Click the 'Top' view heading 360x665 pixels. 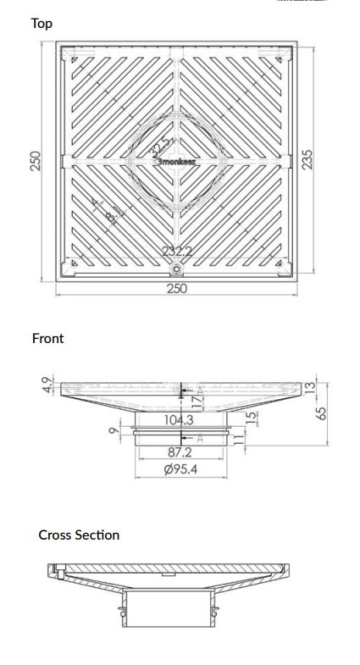[42, 23]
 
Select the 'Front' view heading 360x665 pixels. [47, 338]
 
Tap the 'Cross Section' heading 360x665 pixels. [79, 535]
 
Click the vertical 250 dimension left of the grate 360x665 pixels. [36, 161]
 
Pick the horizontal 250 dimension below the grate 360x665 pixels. [176, 289]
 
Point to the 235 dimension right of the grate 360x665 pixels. [309, 160]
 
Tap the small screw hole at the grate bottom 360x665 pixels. [176, 269]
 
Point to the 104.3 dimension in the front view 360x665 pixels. [179, 419]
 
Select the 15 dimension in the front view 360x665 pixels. [250, 419]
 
